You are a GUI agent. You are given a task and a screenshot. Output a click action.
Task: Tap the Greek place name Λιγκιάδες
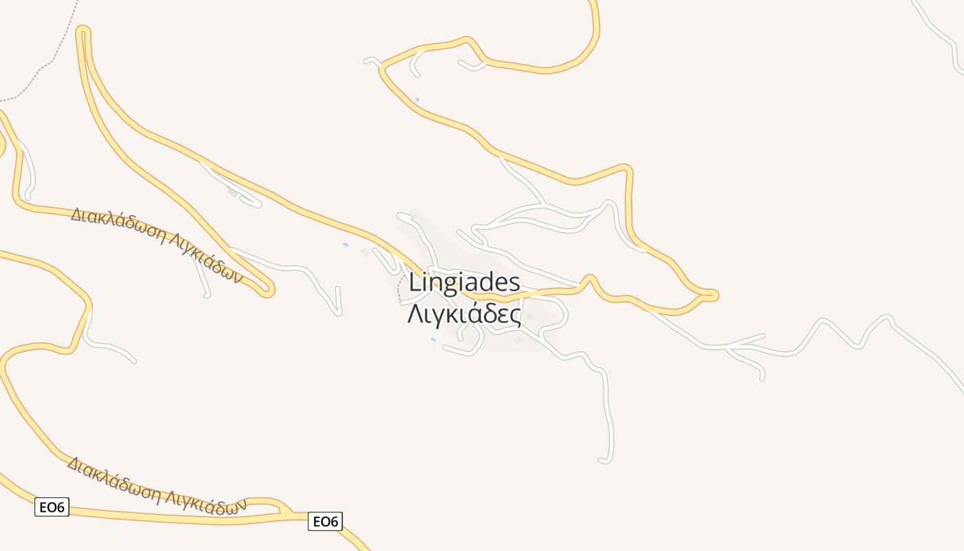(x=464, y=314)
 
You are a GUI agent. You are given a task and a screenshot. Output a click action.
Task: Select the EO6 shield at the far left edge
(x=52, y=508)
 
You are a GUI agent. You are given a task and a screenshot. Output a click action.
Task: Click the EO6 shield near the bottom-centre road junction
(x=325, y=521)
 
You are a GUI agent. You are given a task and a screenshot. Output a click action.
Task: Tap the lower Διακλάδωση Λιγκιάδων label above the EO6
(x=156, y=485)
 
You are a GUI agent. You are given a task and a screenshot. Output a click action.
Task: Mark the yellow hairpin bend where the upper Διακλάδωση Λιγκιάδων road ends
(x=268, y=291)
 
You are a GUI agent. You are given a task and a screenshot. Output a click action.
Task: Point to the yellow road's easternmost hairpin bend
(x=713, y=295)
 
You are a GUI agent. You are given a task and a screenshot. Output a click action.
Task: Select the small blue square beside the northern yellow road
(x=417, y=100)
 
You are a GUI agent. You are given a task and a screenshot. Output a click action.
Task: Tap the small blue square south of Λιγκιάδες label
(x=433, y=340)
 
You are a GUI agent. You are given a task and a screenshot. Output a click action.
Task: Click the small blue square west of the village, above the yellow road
(x=346, y=245)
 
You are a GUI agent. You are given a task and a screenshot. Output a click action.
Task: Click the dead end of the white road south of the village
(x=605, y=460)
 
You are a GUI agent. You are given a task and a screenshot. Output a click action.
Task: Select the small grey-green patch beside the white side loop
(x=233, y=193)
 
